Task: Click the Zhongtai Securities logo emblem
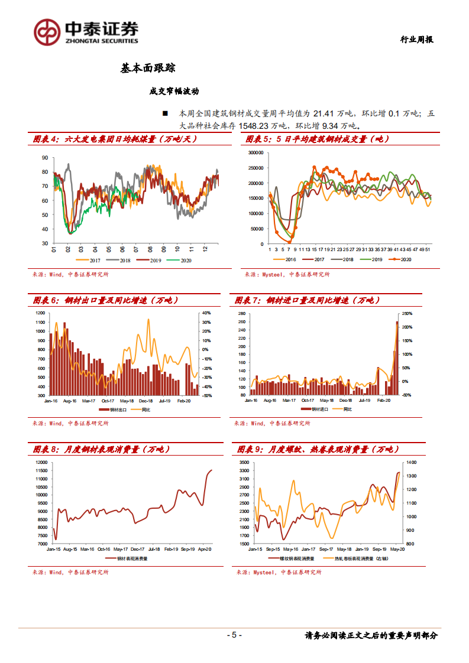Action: (47, 32)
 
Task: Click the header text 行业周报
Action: (417, 40)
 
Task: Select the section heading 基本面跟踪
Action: (147, 69)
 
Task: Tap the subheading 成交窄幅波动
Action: (174, 91)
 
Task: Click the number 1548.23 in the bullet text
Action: (258, 125)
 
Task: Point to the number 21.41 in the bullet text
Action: (325, 113)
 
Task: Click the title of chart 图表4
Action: (114, 139)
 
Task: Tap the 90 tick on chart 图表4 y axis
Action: (45, 158)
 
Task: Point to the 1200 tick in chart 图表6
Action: (40, 313)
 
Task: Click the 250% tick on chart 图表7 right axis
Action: (408, 313)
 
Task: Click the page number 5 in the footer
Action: (234, 635)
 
